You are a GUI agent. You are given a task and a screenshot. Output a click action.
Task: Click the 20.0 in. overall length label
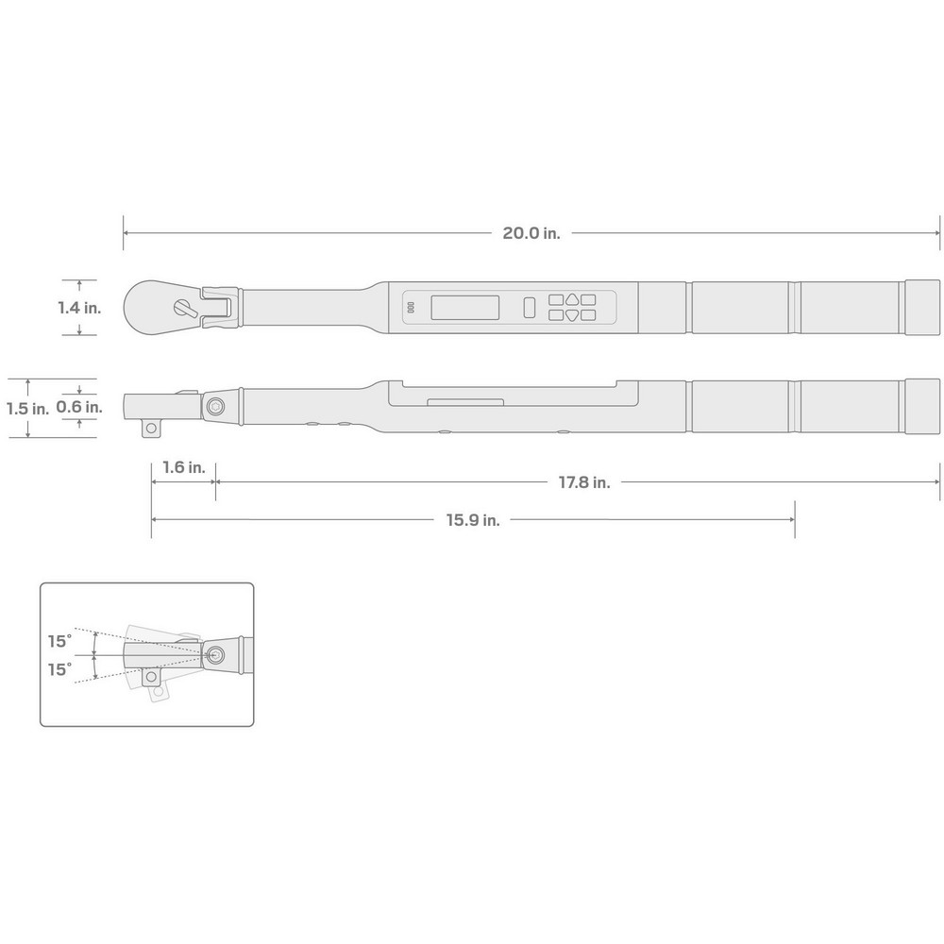[531, 234]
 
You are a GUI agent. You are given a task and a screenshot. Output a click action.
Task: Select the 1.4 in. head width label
[79, 308]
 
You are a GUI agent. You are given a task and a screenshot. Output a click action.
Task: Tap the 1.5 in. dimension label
[26, 409]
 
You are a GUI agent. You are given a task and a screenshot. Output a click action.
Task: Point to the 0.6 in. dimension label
[79, 407]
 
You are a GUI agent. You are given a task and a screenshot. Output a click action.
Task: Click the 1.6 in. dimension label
[183, 467]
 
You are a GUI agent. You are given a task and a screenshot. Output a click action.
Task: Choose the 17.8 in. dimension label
[583, 482]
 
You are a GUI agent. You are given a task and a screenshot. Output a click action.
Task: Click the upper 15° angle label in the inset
[59, 641]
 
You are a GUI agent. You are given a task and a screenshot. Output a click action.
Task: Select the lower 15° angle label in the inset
[59, 669]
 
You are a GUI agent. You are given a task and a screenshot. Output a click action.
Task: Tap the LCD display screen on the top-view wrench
[464, 308]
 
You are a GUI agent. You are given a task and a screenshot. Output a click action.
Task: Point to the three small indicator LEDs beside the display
[411, 308]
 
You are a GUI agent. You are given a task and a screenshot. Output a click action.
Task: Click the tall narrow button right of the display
[530, 308]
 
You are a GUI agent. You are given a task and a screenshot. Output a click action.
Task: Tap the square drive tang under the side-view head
[150, 430]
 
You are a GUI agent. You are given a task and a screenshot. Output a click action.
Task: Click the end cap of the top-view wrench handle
[922, 307]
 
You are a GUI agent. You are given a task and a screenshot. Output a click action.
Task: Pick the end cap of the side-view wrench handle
[922, 407]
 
